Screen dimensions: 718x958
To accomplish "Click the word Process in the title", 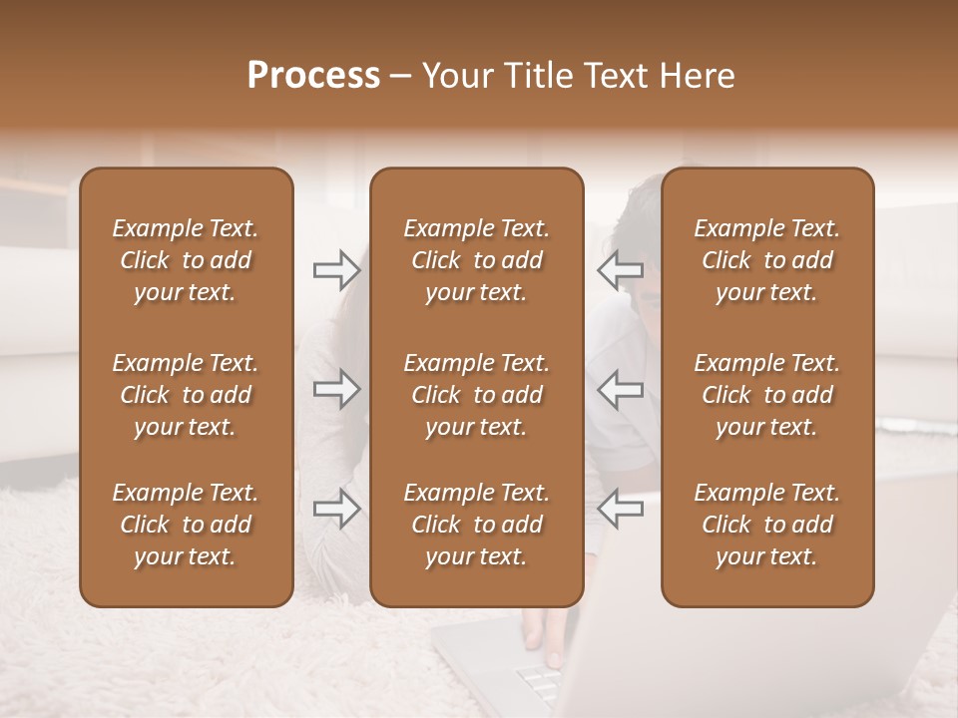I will click(313, 76).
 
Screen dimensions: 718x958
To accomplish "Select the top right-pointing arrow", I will click(336, 269).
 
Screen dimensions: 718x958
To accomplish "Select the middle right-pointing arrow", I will click(336, 389).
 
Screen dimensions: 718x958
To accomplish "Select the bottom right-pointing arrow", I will click(336, 509).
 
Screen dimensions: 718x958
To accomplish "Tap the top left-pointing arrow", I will click(621, 269).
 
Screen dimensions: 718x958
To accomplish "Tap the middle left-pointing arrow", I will click(621, 389).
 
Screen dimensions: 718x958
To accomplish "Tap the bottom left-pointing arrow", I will click(621, 509).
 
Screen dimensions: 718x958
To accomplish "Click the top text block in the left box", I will click(186, 260).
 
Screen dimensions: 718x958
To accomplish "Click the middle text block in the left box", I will click(186, 395).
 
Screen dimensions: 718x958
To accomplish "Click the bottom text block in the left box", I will click(186, 525).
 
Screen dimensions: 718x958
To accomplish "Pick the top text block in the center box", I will click(476, 260).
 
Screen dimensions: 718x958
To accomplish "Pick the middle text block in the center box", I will click(476, 395).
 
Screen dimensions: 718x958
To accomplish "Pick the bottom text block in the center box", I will click(476, 525).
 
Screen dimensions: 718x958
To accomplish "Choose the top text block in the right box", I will click(766, 260).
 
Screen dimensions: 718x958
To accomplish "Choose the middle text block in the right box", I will click(766, 395).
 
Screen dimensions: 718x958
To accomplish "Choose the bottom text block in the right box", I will click(766, 525).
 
